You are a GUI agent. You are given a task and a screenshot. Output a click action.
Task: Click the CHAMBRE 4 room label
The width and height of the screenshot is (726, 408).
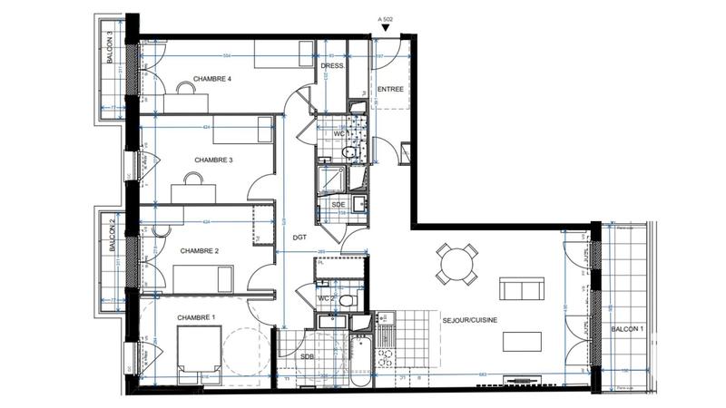pyautogui.click(x=212, y=79)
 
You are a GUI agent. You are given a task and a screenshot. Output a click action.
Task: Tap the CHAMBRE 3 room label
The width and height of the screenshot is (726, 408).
pyautogui.click(x=213, y=160)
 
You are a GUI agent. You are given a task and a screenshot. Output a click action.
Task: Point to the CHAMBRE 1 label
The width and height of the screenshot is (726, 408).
pyautogui.click(x=197, y=316)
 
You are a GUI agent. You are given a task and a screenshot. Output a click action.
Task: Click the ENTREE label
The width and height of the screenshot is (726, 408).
pyautogui.click(x=390, y=89)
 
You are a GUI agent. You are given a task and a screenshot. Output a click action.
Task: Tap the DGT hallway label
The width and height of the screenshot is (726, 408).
pyautogui.click(x=299, y=238)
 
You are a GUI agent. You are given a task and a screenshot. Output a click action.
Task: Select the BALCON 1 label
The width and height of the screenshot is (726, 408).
pyautogui.click(x=627, y=328)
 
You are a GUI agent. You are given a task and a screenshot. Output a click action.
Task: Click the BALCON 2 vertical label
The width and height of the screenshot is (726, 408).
pyautogui.click(x=111, y=236)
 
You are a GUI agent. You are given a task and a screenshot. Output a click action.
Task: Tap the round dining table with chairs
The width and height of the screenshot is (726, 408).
pyautogui.click(x=456, y=264)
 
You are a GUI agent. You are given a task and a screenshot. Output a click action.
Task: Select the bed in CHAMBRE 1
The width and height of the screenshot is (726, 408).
pyautogui.click(x=200, y=349)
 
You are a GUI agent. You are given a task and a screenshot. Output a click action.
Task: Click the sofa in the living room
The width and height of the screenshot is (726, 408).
pyautogui.click(x=522, y=290)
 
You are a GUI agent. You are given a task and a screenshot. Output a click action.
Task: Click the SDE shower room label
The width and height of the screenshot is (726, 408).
pyautogui.click(x=338, y=205)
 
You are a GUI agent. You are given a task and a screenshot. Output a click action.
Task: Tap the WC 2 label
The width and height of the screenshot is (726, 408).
pyautogui.click(x=327, y=298)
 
